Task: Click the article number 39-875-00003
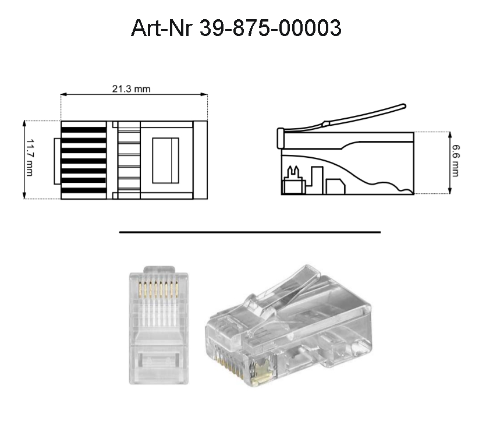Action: pos(270,27)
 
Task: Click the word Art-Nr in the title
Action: pos(162,27)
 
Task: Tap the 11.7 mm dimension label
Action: pos(30,160)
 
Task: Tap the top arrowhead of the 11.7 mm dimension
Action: pos(24,123)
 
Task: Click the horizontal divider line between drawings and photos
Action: pos(250,232)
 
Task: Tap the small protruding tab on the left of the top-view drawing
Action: pos(57,161)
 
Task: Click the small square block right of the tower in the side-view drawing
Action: pos(335,186)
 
